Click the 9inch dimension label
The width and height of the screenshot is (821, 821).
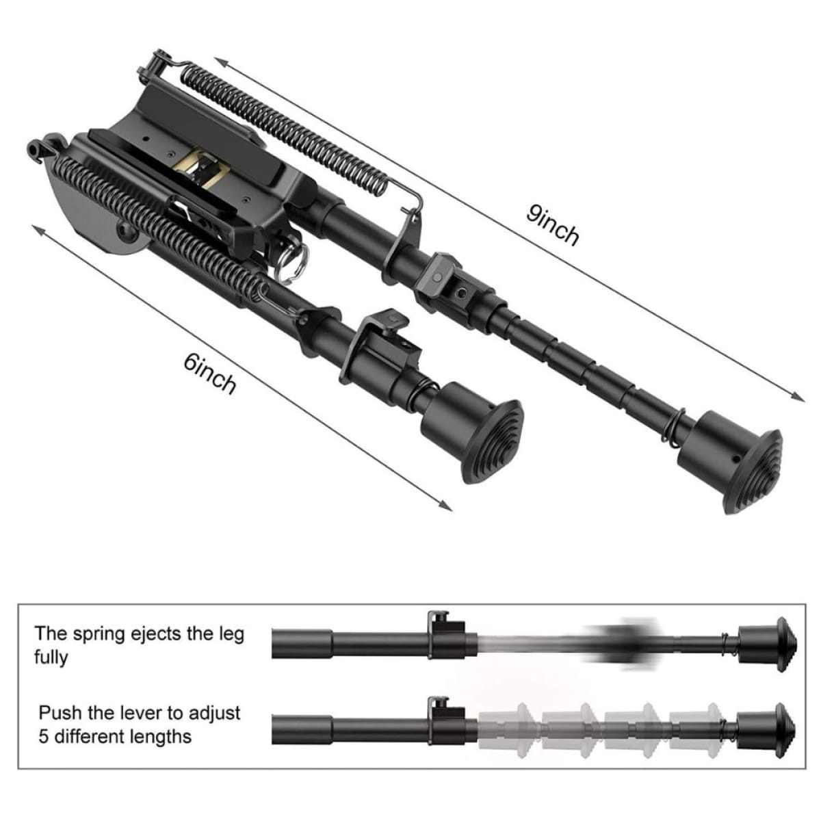pos(552,225)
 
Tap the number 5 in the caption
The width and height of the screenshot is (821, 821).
pos(43,737)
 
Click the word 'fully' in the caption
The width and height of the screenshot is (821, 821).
pos(51,657)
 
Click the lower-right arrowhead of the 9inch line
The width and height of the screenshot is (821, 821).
pos(799,398)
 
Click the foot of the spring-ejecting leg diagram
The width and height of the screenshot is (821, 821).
pos(767,644)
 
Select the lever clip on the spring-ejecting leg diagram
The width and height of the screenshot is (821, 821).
pos(445,634)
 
